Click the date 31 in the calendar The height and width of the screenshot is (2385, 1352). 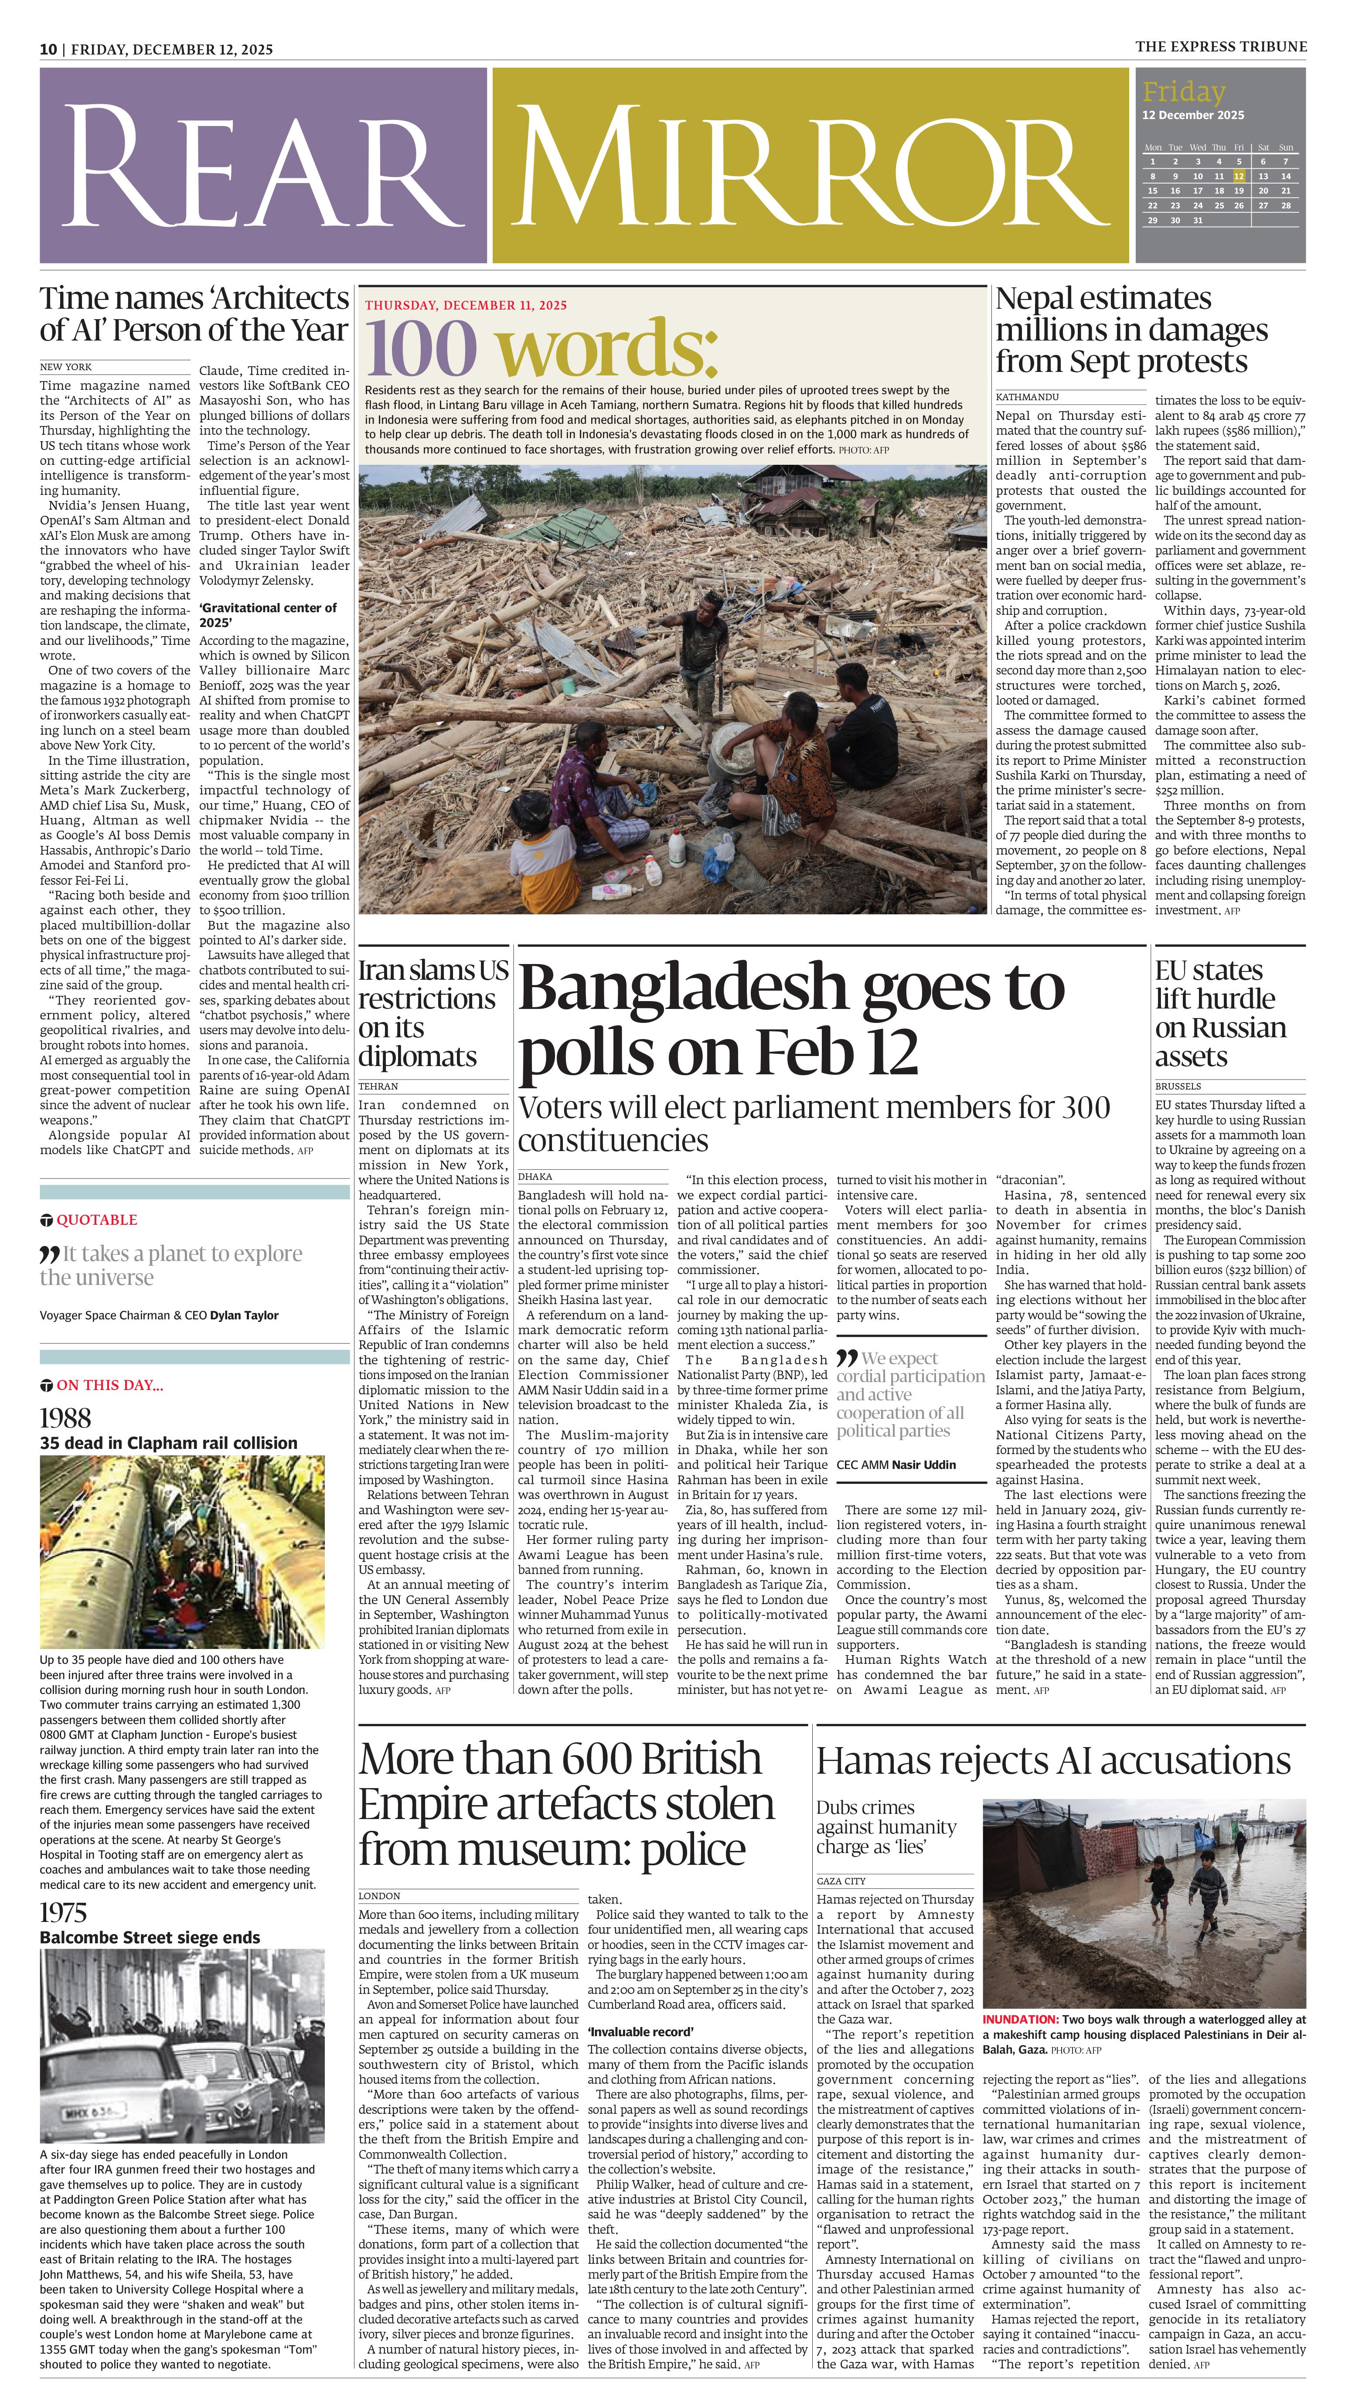click(x=1198, y=220)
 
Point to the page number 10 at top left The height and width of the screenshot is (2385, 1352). click(x=48, y=49)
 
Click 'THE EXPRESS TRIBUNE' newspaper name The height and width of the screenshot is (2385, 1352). click(x=1220, y=46)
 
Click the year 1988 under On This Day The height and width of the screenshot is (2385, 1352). click(x=65, y=1417)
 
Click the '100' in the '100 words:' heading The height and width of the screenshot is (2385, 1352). click(x=421, y=349)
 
